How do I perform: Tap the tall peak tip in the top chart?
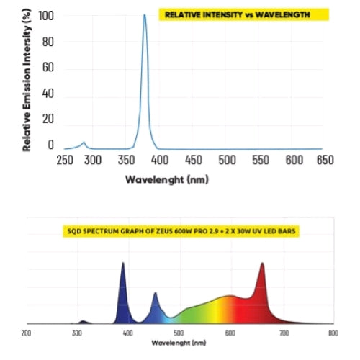pyautogui.click(x=145, y=15)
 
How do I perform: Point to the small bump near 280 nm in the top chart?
pyautogui.click(x=84, y=143)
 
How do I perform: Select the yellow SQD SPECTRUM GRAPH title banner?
pyautogui.click(x=180, y=231)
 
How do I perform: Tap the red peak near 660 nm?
pyautogui.click(x=262, y=265)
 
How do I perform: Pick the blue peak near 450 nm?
pyautogui.click(x=156, y=294)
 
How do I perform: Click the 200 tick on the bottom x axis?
pyautogui.click(x=26, y=333)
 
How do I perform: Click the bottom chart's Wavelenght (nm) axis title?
pyautogui.click(x=179, y=343)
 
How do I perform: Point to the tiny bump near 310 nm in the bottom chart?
pyautogui.click(x=83, y=320)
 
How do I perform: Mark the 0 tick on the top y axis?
pyautogui.click(x=50, y=145)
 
